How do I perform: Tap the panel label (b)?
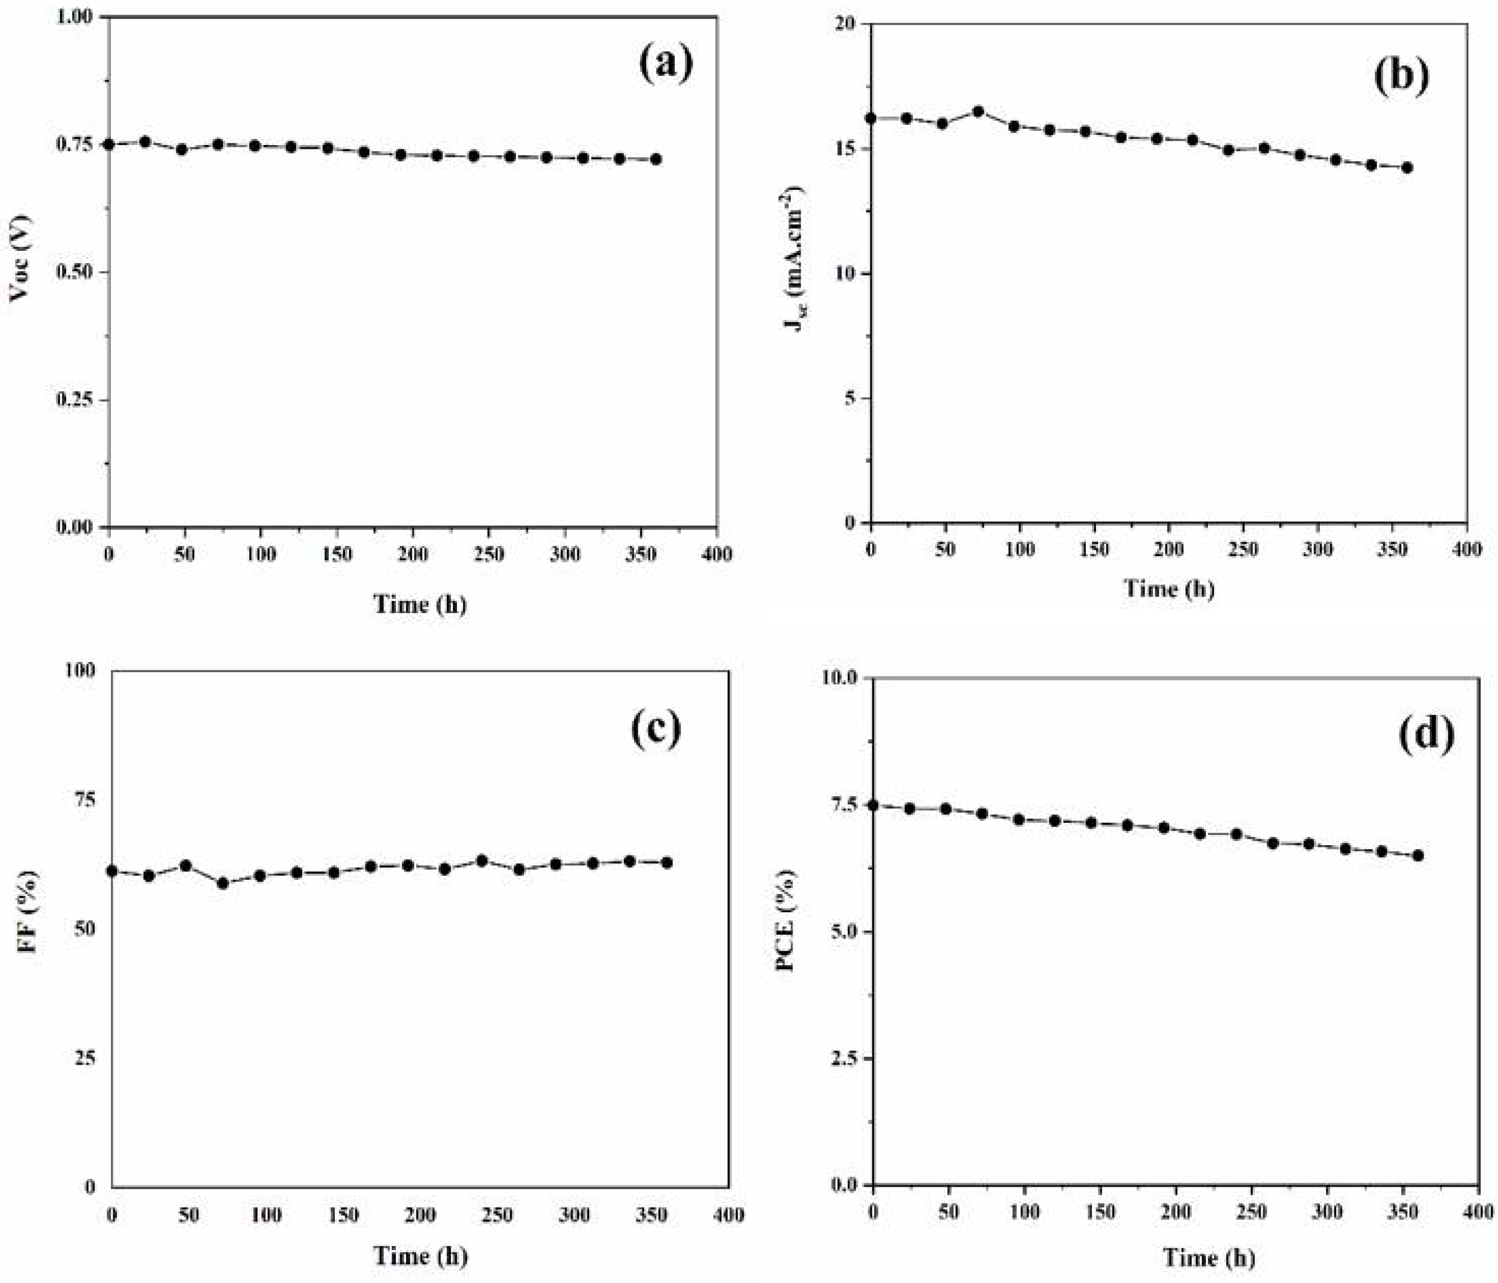[1401, 75]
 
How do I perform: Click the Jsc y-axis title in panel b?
[795, 258]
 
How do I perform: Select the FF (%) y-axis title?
[27, 912]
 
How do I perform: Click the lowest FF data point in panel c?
[223, 883]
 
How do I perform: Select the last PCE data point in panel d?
[1418, 855]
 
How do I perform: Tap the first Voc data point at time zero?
[109, 144]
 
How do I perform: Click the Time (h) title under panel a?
[419, 604]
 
